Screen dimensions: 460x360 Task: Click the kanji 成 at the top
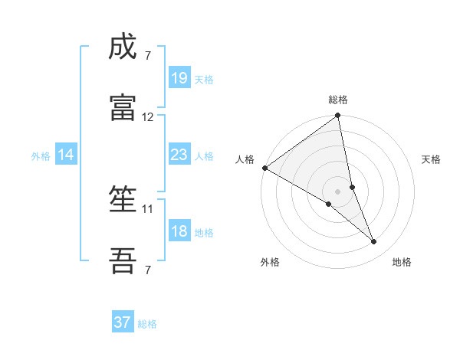pos(123,48)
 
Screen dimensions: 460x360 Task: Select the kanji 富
pos(123,106)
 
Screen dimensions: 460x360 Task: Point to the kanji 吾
pos(123,260)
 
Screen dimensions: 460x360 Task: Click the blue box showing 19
pos(179,78)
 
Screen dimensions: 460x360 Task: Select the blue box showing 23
pos(179,155)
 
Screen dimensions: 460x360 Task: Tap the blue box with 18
pos(179,231)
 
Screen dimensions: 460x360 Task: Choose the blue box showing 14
pos(66,155)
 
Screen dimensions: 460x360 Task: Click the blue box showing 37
pos(123,322)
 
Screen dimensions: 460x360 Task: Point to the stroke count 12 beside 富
pos(148,117)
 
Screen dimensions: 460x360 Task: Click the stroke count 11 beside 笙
pos(148,208)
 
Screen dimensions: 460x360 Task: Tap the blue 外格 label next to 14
pos(41,155)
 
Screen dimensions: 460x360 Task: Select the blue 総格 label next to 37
pos(147,324)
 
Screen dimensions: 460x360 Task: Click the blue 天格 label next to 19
pos(204,79)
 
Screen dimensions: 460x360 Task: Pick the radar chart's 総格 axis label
pos(338,100)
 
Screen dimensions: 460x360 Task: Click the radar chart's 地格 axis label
pos(402,262)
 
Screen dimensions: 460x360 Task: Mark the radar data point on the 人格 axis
pos(264,168)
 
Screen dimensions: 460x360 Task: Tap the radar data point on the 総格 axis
pos(338,116)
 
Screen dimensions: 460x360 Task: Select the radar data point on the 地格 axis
pos(374,242)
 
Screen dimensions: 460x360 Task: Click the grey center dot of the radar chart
pos(338,191)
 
